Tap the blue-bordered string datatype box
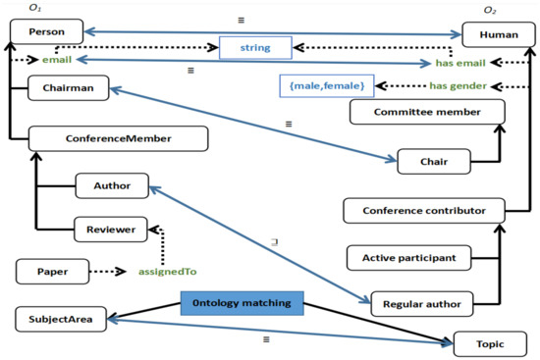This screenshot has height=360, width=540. pyautogui.click(x=256, y=45)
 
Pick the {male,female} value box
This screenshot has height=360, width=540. pyautogui.click(x=326, y=86)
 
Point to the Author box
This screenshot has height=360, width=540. pyautogui.click(x=111, y=184)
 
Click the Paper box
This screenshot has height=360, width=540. pyautogui.click(x=52, y=268)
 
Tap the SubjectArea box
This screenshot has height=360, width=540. pyautogui.click(x=60, y=319)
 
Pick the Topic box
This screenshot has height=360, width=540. pyautogui.click(x=482, y=345)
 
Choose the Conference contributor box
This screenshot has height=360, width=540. pyautogui.click(x=424, y=211)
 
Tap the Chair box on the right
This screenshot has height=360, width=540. pyautogui.click(x=430, y=160)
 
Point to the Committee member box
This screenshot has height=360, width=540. pyautogui.click(x=416, y=113)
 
